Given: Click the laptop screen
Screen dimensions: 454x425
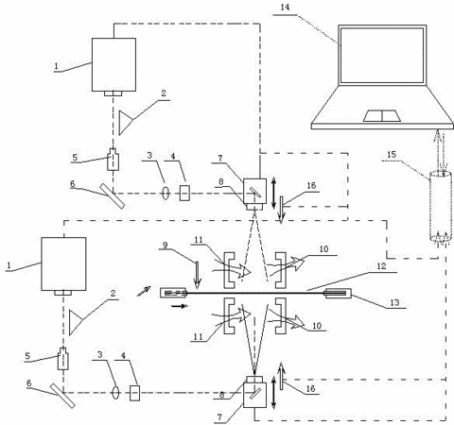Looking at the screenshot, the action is coord(382,56).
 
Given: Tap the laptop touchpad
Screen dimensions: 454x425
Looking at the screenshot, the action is coord(382,116).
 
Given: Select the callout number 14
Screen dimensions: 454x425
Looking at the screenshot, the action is coord(285,7).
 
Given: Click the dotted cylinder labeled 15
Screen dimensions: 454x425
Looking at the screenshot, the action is coord(441,206).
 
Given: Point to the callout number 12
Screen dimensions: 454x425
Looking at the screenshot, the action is coord(381,266).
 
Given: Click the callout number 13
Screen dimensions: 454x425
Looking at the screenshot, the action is coord(394,302).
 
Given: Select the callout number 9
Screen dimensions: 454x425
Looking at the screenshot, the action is coord(165,245).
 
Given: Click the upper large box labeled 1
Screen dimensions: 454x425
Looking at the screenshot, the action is coord(113,65).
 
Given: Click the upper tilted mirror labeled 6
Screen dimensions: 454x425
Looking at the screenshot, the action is coord(113,195).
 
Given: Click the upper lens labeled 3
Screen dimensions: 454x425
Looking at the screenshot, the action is coord(166,193).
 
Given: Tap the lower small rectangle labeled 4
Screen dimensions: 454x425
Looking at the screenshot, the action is coord(135,393).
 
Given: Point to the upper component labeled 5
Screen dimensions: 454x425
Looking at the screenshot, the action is coord(113,160).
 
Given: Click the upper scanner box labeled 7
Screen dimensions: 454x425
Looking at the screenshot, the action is coord(254,191).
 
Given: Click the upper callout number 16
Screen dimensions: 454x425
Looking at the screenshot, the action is coord(311,185).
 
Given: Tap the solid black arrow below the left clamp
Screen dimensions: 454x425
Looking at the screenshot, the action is coord(180,306).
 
